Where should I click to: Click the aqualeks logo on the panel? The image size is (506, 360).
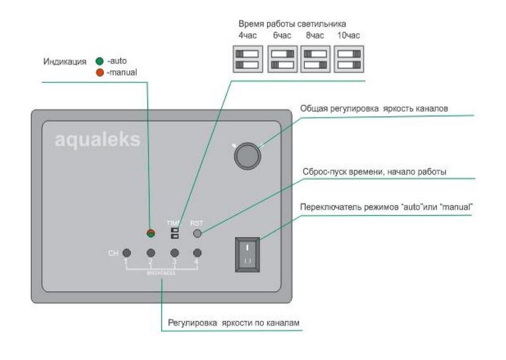(97, 140)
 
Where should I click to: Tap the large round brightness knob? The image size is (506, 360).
(247, 156)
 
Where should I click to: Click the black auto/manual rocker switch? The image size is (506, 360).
(247, 254)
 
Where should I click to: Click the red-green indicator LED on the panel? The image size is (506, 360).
(151, 232)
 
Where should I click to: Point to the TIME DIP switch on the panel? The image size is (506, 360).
(174, 233)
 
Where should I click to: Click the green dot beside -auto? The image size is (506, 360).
(99, 61)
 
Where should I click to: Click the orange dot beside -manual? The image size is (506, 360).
(99, 72)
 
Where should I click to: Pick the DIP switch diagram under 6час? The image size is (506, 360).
(282, 59)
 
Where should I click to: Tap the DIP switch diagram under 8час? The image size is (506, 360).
(316, 59)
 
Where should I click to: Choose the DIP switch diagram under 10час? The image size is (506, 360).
(349, 59)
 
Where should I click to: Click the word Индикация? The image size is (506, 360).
(65, 61)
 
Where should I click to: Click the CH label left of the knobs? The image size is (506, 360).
(113, 254)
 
